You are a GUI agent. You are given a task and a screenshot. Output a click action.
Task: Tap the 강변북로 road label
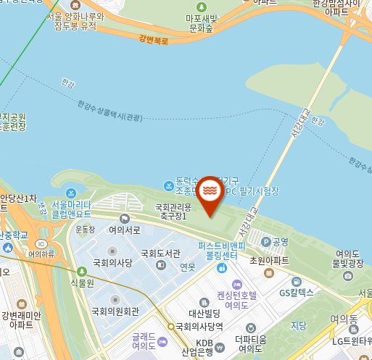153,39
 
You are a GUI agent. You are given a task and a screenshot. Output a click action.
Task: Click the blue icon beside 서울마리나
70,193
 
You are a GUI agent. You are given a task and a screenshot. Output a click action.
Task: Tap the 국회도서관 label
160,254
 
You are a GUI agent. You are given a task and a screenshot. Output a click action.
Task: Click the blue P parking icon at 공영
265,241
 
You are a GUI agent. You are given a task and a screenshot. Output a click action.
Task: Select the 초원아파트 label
268,261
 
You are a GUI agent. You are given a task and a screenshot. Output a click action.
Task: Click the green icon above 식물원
82,272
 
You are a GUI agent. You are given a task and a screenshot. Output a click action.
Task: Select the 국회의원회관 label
115,311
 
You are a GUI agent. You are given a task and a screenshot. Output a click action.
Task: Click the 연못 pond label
188,267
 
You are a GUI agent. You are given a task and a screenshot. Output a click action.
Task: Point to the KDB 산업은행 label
204,347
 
